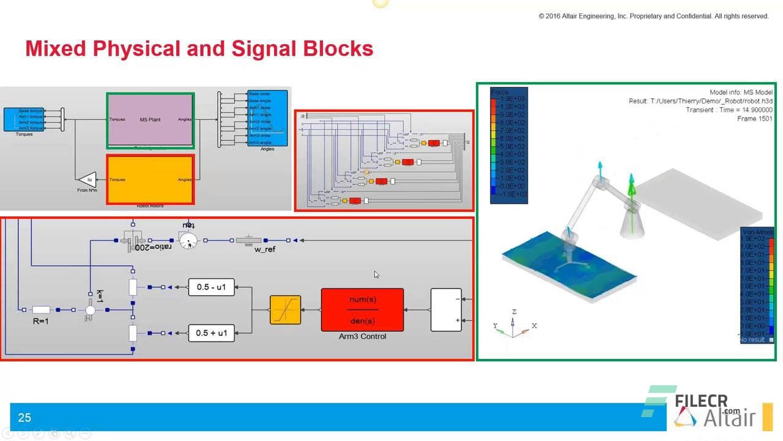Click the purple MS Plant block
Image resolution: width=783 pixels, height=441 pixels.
tap(150, 119)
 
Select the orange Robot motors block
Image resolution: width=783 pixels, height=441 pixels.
tap(150, 179)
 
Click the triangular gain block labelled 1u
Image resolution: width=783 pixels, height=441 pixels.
tap(88, 179)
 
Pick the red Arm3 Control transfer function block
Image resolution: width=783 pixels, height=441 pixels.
tap(362, 309)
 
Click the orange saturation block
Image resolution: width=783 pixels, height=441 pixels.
tap(285, 310)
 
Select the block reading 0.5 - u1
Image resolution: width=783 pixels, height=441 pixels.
tap(211, 287)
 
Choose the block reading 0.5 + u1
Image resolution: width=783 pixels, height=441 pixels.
tap(211, 333)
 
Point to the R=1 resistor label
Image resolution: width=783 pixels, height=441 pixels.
tap(41, 321)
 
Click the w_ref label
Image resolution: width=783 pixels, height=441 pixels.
tap(264, 250)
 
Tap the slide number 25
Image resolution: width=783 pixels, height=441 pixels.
tap(24, 418)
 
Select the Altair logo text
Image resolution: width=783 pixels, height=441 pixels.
tap(729, 419)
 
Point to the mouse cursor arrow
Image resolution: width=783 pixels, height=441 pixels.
tap(376, 274)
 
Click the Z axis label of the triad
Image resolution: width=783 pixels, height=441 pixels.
tap(514, 312)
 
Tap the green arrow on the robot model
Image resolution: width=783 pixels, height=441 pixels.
tap(631, 184)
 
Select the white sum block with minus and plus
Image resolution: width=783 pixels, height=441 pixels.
tap(446, 309)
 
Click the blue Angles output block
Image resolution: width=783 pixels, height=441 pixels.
tap(267, 118)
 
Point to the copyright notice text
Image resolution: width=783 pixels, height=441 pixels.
tap(653, 16)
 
